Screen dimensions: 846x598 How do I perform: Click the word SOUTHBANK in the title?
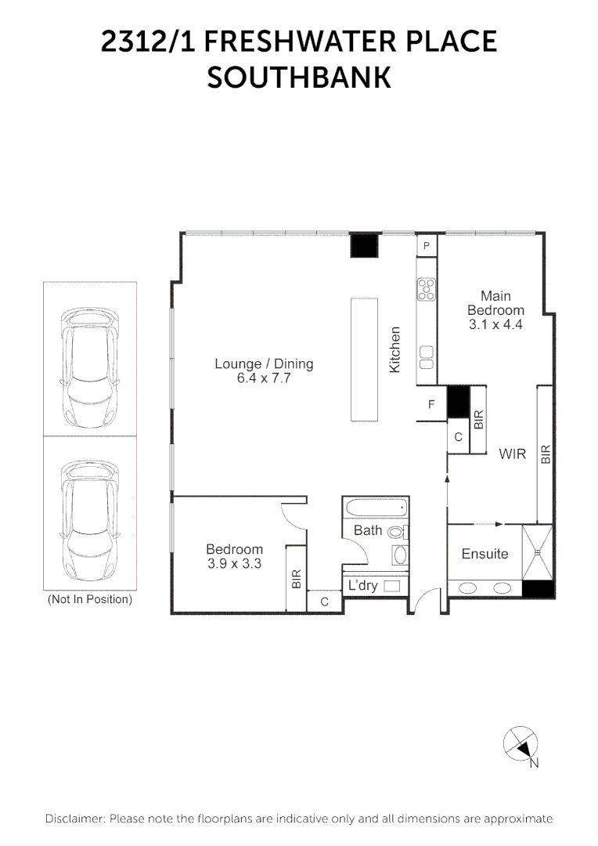298,77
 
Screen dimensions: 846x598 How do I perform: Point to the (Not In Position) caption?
90,600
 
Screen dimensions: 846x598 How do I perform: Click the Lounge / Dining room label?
264,363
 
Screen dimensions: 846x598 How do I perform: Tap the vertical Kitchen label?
395,349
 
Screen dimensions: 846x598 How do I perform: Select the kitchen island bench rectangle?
363,359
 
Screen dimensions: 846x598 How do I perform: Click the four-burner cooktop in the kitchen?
427,290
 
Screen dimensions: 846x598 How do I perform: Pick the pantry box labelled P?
427,246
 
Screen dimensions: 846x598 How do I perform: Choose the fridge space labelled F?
431,405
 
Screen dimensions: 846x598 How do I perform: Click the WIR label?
513,454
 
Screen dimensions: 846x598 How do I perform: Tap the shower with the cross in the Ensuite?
539,552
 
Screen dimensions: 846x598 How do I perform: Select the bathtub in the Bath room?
376,508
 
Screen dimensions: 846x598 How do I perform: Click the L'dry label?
363,585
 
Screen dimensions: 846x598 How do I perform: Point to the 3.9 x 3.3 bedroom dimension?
234,563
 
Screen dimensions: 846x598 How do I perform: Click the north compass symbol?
521,744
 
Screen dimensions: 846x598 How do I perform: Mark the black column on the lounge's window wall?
363,245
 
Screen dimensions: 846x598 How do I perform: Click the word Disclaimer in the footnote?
74,819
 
